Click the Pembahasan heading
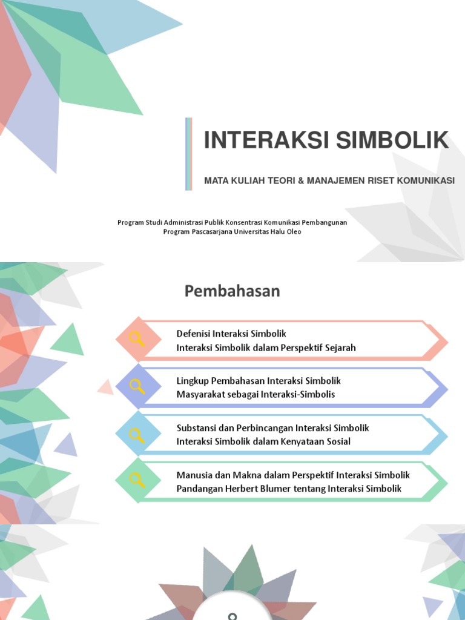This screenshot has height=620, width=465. coord(232,291)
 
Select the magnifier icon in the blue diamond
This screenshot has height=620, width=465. coord(137,434)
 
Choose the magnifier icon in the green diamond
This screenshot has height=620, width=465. coord(137,480)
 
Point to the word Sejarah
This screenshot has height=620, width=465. coord(340,348)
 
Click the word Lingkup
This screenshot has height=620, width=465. coord(192,381)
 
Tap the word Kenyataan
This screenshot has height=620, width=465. coord(303,441)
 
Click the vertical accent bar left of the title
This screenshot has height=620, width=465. coord(188,154)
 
